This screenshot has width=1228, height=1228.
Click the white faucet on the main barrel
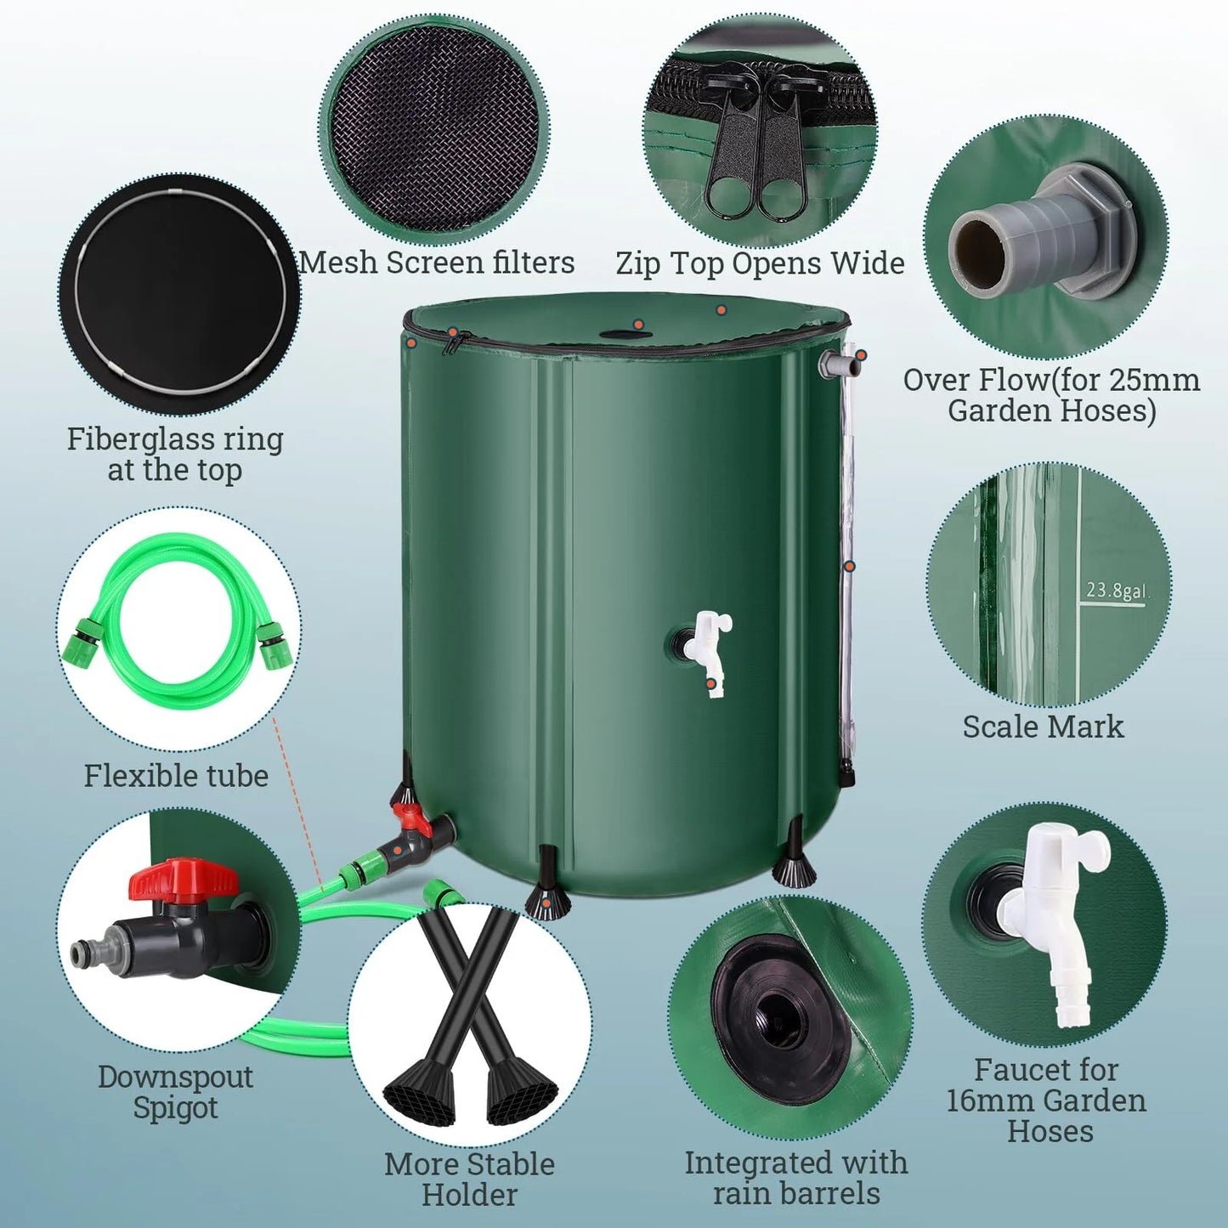coord(710,646)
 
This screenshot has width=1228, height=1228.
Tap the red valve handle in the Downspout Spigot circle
coord(181,880)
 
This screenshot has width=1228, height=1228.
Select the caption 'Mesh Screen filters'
coord(437,263)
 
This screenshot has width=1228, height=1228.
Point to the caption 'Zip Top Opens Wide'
coord(760,263)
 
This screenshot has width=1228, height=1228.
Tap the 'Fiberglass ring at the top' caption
coord(174,454)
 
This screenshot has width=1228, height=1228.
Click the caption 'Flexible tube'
coord(176,776)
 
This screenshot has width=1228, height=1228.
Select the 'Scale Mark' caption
coord(1043,727)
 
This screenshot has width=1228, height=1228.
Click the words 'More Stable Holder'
coord(469,1180)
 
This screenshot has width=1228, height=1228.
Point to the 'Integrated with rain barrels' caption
coord(796,1178)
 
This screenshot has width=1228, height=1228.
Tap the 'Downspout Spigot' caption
coord(175,1092)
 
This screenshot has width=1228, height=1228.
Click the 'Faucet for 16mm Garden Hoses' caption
coord(1046,1101)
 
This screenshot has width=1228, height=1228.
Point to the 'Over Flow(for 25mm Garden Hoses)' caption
coord(1051,395)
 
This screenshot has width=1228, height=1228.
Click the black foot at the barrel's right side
coord(795,867)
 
